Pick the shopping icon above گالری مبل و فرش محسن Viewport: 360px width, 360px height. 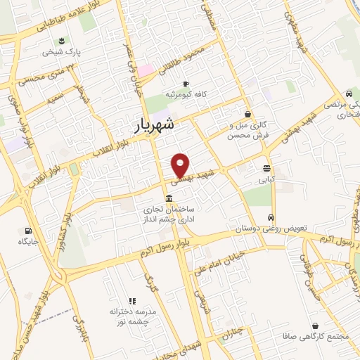pyautogui.click(x=247, y=114)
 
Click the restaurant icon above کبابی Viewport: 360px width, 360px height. pyautogui.click(x=266, y=169)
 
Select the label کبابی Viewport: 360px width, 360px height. pyautogui.click(x=266, y=180)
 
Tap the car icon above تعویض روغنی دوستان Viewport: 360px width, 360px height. pyautogui.click(x=271, y=217)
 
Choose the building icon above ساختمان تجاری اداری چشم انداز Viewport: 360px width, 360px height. pyautogui.click(x=169, y=199)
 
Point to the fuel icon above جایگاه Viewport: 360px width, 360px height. pyautogui.click(x=28, y=231)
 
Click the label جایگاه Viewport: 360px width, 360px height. pyautogui.click(x=27, y=242)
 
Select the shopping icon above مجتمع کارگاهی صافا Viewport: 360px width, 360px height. pyautogui.click(x=314, y=326)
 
